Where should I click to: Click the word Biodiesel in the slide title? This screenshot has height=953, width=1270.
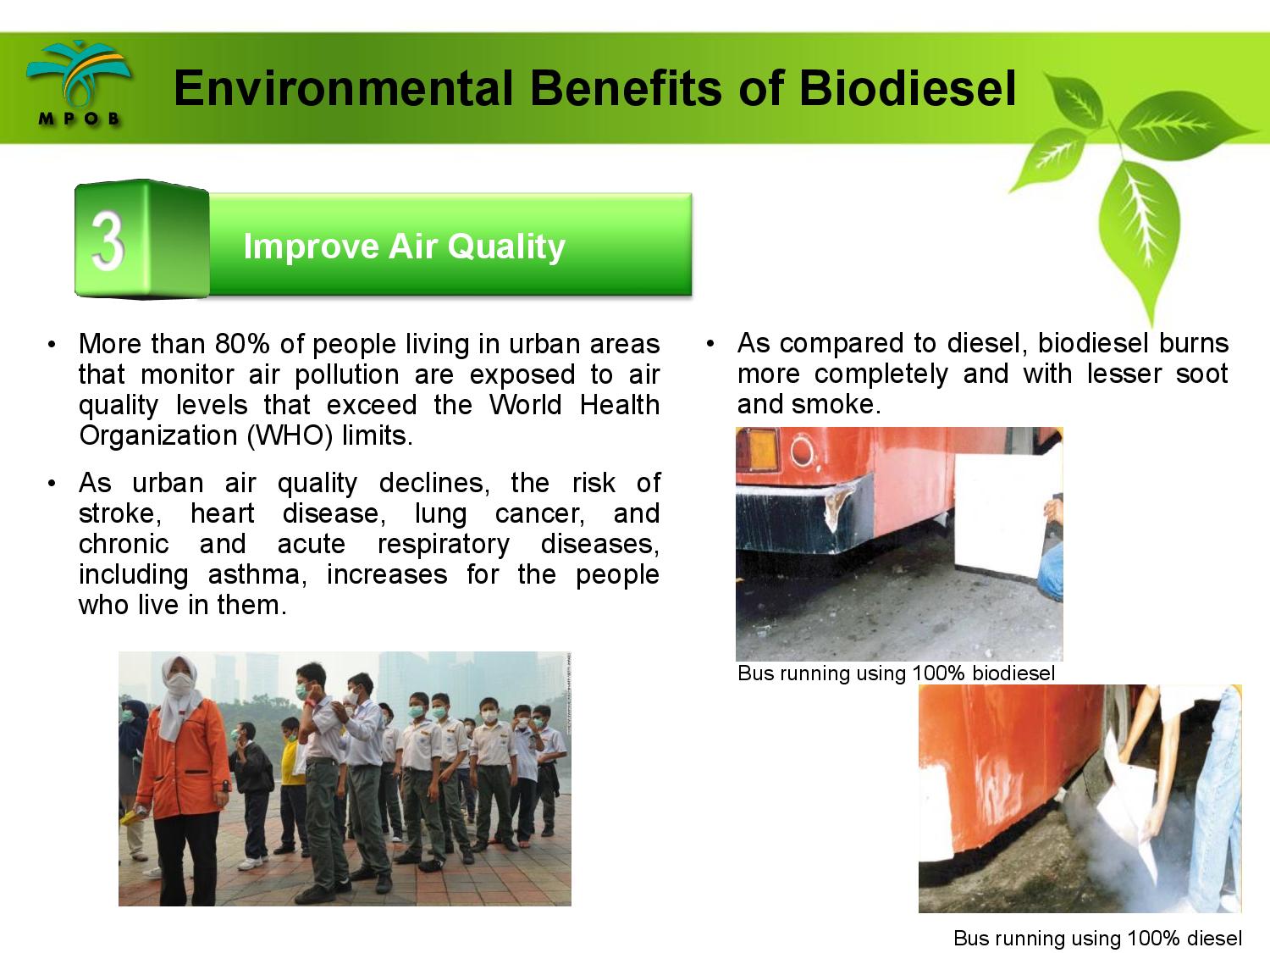[x=908, y=89]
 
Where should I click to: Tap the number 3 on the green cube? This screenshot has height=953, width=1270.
[x=108, y=240]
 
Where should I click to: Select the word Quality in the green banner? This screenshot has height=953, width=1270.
[x=505, y=247]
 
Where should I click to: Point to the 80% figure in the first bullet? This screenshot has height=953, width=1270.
[x=242, y=344]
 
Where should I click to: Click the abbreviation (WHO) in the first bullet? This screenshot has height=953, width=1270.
[x=290, y=435]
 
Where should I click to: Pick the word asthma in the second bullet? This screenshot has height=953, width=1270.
[x=257, y=574]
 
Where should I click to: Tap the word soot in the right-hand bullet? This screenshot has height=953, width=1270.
[x=1201, y=374]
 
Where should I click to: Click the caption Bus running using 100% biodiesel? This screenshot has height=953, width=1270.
[x=896, y=673]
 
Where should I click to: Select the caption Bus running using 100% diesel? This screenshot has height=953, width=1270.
[x=1097, y=938]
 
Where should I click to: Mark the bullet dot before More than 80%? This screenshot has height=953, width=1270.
[x=52, y=344]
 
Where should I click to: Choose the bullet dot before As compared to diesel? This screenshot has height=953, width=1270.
[x=710, y=344]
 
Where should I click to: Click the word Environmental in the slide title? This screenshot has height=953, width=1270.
[x=343, y=89]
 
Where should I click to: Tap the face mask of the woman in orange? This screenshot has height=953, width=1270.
[x=180, y=685]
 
